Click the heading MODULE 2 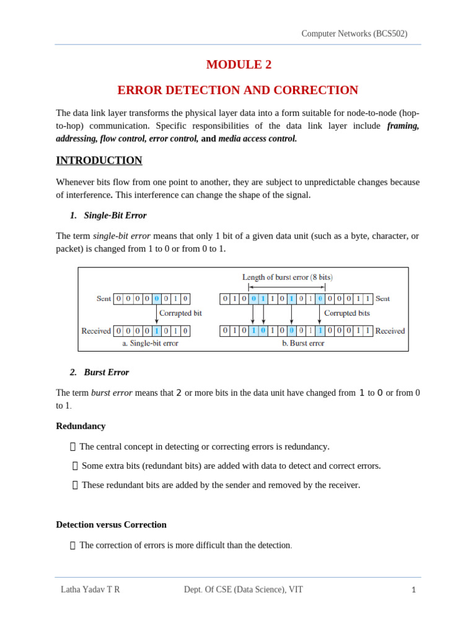pos(238,64)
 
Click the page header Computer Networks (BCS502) pos(354,34)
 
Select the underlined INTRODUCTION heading pos(99,160)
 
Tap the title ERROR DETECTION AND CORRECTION pos(238,90)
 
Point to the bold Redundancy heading pos(81,426)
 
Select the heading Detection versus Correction pos(111,524)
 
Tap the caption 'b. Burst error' pos(303,343)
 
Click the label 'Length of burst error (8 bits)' pos(283,277)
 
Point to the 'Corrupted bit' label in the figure pos(180,313)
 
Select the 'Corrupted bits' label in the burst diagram pos(347,313)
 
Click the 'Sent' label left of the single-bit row pos(104,298)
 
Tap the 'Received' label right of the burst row pos(390,331)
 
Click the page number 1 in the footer pos(413,590)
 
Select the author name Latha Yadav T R pos(90,589)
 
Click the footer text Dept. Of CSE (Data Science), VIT pos(244,589)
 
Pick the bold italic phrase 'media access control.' pos(257,139)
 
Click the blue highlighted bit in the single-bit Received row pos(157,331)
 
